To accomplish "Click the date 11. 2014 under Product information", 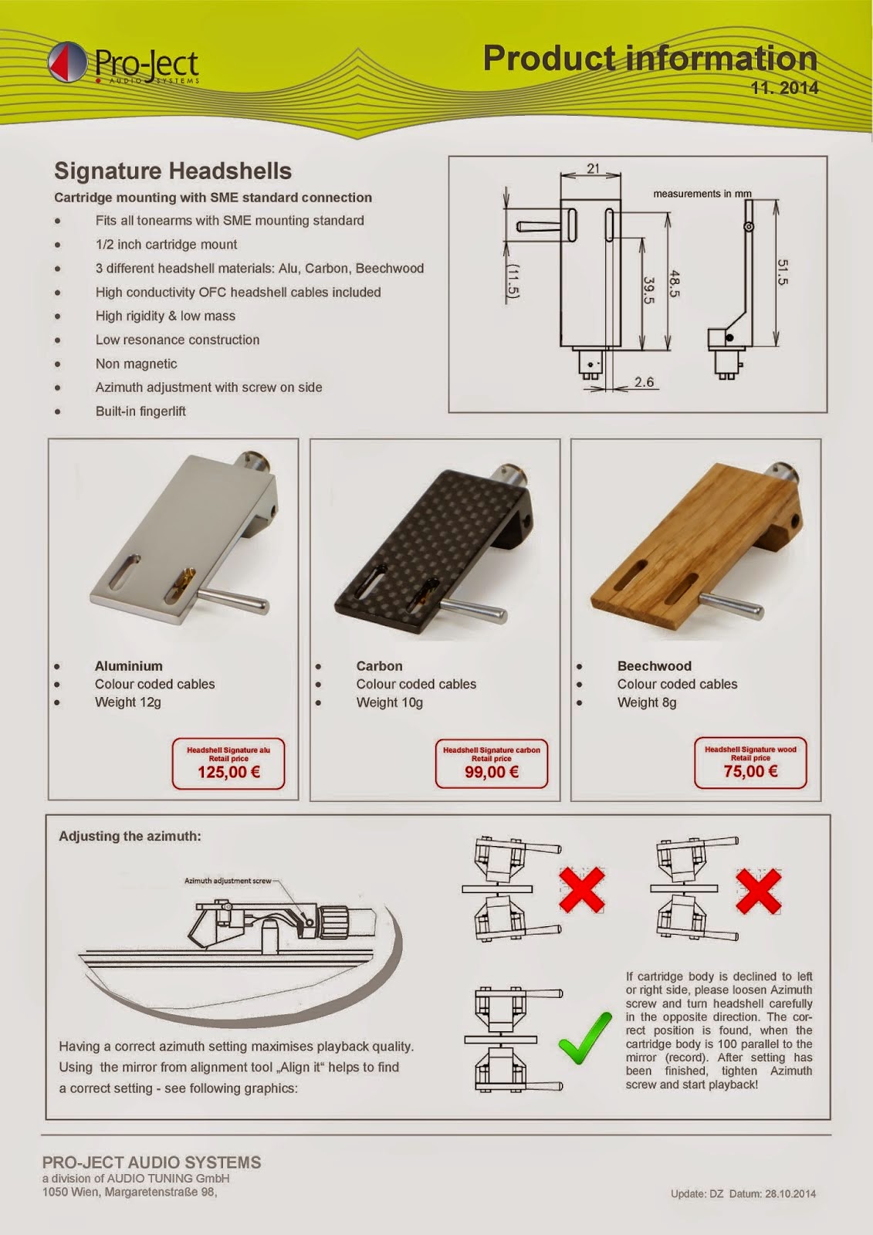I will pyautogui.click(x=784, y=88).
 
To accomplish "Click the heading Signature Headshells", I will pyautogui.click(x=173, y=171).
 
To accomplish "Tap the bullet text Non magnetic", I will pyautogui.click(x=136, y=364).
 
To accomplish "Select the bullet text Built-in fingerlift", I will pyautogui.click(x=140, y=411).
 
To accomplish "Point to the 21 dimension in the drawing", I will pyautogui.click(x=593, y=168).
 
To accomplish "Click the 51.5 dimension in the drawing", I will pyautogui.click(x=782, y=272).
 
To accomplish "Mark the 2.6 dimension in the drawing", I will pyautogui.click(x=644, y=381).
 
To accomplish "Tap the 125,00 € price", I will pyautogui.click(x=228, y=771).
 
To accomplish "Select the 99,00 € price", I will pyautogui.click(x=492, y=771).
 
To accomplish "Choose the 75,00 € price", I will pyautogui.click(x=750, y=770).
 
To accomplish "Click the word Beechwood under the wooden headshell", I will pyautogui.click(x=654, y=665).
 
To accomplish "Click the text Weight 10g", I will pyautogui.click(x=389, y=702).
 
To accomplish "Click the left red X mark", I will pyautogui.click(x=581, y=890).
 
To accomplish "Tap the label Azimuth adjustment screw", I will pyautogui.click(x=228, y=881).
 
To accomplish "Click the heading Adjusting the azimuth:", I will pyautogui.click(x=130, y=836).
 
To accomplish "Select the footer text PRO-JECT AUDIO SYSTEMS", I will pyautogui.click(x=151, y=1162).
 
